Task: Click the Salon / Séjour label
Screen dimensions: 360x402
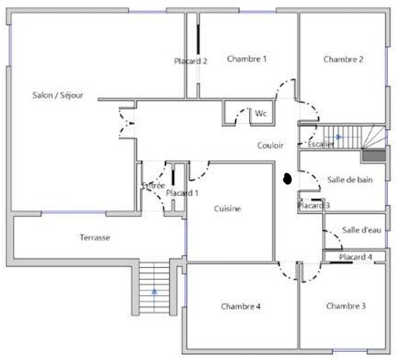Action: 58,95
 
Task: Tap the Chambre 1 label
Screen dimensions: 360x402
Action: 247,59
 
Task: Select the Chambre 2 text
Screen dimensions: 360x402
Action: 343,60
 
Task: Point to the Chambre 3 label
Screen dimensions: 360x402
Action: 346,306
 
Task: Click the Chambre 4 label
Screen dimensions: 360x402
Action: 241,306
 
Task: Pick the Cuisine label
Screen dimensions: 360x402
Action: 227,209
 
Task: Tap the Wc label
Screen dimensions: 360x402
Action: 261,114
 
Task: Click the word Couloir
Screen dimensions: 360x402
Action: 270,146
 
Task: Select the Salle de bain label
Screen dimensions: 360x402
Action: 350,180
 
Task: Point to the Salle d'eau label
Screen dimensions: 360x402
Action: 361,230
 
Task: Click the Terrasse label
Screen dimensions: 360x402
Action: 95,237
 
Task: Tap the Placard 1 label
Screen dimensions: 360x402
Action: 182,193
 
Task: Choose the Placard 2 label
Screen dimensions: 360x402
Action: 190,61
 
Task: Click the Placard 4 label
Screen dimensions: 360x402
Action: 356,257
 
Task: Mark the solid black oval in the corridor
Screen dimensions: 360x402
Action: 288,179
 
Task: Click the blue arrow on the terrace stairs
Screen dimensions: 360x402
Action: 154,292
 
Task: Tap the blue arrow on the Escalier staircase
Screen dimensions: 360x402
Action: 339,136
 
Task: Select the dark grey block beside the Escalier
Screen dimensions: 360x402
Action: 374,156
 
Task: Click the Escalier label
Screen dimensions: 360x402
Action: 321,145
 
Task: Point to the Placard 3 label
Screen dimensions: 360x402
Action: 313,206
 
